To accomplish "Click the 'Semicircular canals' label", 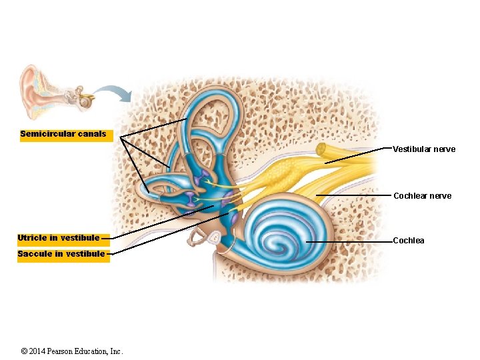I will click(x=63, y=134).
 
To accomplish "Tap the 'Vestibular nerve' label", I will click(x=424, y=149).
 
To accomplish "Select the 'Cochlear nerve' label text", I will click(x=422, y=196).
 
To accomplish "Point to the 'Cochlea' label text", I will click(x=409, y=241).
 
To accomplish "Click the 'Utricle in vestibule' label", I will click(x=59, y=238).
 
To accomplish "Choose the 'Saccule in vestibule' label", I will click(x=61, y=254).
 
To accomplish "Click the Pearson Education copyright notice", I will click(x=72, y=351).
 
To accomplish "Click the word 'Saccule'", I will click(x=32, y=254).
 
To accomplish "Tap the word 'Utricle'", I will click(x=32, y=238).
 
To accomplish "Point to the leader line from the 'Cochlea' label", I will click(x=348, y=241).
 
